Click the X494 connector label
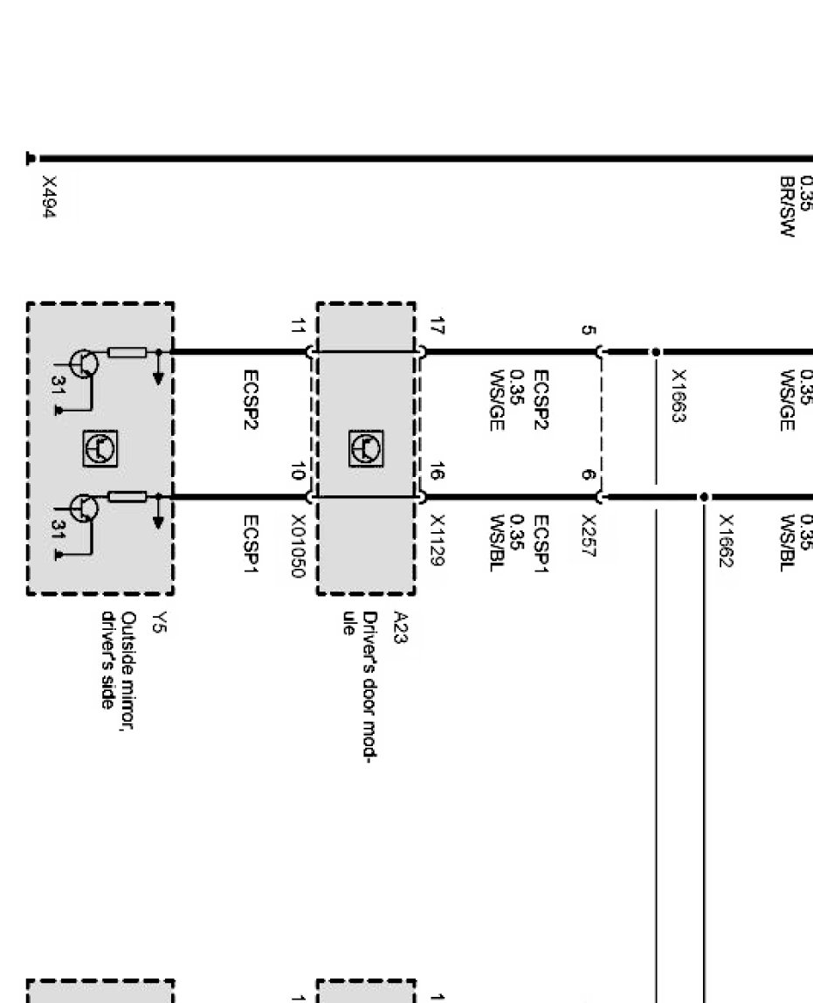coord(51,197)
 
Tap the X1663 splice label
coord(678,395)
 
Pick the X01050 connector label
coord(299,547)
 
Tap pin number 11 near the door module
coord(299,329)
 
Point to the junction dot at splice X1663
coord(655,352)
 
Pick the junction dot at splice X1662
coord(704,497)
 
